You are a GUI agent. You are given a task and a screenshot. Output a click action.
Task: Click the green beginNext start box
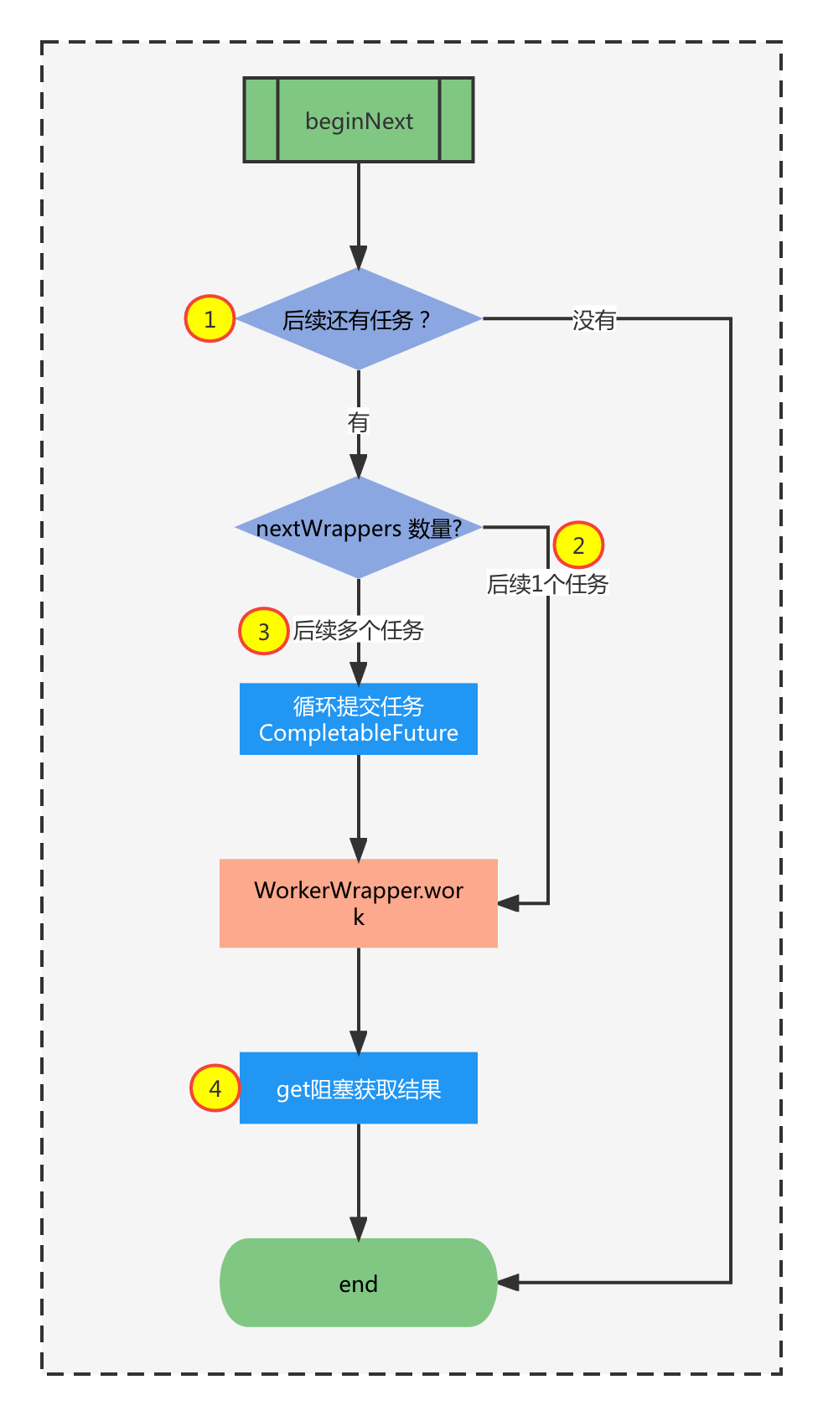pos(359,120)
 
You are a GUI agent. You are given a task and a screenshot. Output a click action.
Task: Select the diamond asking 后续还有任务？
pos(359,319)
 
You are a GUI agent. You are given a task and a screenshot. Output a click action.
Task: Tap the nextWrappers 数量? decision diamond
pos(359,528)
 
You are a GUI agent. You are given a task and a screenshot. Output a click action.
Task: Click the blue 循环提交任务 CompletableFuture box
pos(359,719)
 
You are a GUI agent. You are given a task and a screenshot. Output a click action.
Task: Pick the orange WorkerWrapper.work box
pos(359,903)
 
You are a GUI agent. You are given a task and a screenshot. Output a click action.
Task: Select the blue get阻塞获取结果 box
pos(359,1088)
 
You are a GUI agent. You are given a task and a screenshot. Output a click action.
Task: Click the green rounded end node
pos(359,1283)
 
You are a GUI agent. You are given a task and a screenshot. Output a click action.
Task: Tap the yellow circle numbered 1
pos(210,318)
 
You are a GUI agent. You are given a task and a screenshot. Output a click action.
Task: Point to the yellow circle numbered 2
pos(578,545)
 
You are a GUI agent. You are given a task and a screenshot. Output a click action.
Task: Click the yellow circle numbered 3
pos(264,631)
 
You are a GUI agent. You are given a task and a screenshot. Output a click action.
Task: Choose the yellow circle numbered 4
pos(215,1088)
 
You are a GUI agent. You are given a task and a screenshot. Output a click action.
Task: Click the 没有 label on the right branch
pos(594,319)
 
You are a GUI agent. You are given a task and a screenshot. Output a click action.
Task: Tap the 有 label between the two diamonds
pos(359,421)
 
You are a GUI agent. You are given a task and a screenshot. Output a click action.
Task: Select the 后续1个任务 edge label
pos(548,584)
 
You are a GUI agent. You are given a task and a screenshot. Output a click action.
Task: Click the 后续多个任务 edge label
pos(359,630)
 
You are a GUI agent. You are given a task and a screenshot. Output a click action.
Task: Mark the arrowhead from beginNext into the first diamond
pos(359,257)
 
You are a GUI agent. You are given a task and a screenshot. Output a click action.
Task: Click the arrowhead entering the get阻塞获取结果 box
pos(359,1042)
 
